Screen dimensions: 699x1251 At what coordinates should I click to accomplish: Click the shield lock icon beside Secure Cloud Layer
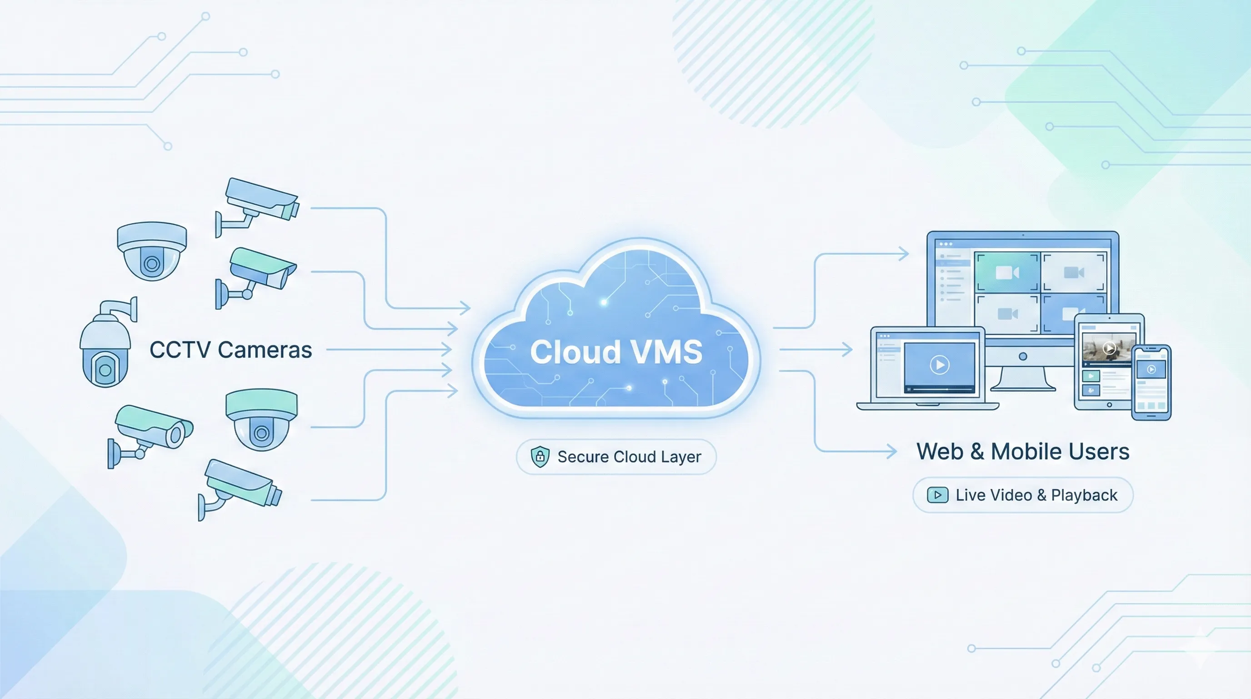pos(540,456)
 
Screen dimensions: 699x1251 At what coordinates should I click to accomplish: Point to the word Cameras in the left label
pos(265,350)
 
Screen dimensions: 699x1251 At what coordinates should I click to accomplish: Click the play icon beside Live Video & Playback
pos(937,495)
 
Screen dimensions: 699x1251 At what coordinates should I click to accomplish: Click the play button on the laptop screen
pos(939,365)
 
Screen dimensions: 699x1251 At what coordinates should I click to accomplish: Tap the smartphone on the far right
pos(1151,382)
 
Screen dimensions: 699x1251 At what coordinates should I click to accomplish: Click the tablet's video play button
pos(1109,348)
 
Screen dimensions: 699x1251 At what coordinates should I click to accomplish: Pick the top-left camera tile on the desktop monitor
pos(1007,272)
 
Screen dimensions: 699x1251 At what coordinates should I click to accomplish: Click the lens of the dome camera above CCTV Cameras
pos(152,264)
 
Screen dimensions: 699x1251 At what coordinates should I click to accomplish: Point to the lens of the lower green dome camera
pos(262,433)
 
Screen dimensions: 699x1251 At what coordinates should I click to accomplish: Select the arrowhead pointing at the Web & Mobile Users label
pos(892,451)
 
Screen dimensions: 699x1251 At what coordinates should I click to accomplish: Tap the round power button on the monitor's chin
pos(1023,356)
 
